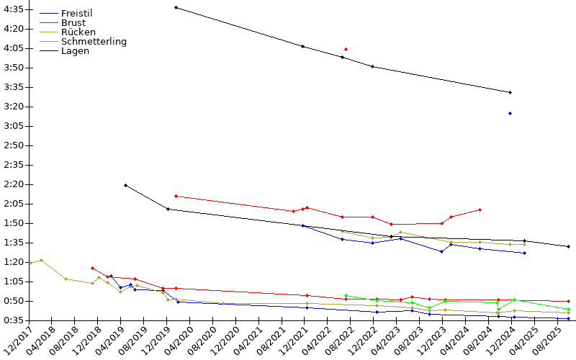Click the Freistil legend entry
pos(77,13)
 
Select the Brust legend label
pos(73,23)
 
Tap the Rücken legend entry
pos(78,32)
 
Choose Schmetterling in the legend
pos(94,42)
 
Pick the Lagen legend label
pos(75,51)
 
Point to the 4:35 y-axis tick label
pos(14,9)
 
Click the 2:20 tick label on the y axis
pos(14,184)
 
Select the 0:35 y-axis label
pos(14,320)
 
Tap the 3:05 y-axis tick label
pos(14,126)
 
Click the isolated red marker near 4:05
pos(346,49)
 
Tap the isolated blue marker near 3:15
pos(510,114)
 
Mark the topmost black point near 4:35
pos(176,7)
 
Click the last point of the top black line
pos(510,93)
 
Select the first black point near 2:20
pos(125,186)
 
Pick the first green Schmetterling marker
pos(346,295)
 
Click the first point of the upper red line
pos(176,196)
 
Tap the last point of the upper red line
pos(480,210)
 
